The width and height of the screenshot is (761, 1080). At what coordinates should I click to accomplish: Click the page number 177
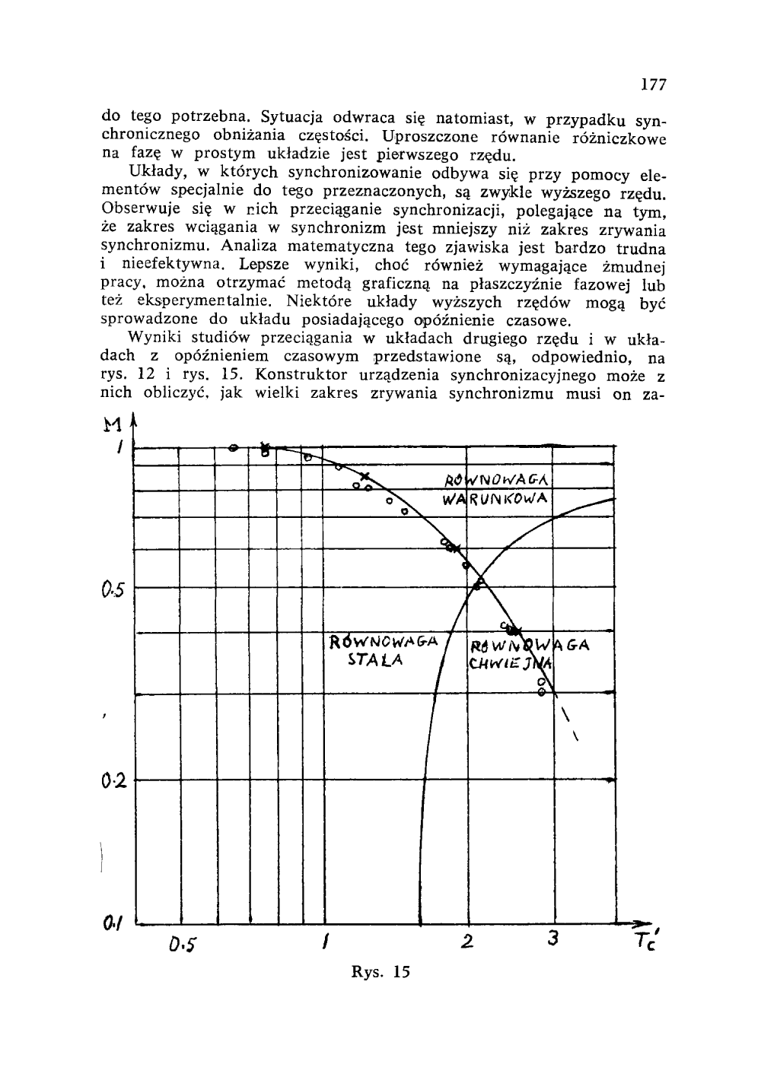coord(653,85)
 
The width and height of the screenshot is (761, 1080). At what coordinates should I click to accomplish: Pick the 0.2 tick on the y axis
coord(112,780)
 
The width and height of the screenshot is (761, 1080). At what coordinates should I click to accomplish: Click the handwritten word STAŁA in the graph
coord(374,660)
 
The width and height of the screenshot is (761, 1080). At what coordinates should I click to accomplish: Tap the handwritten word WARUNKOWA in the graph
coord(496,500)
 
